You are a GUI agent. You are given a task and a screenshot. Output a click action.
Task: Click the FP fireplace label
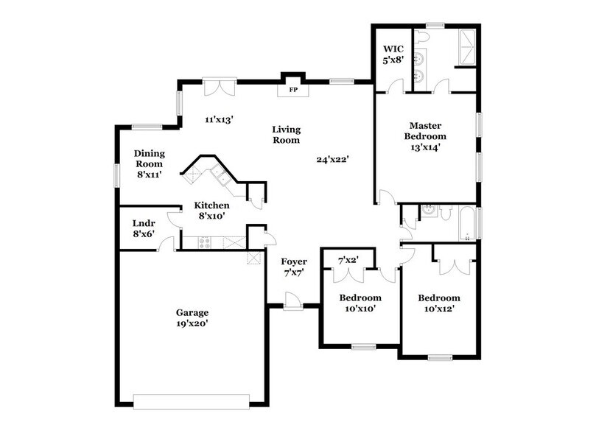[292, 90]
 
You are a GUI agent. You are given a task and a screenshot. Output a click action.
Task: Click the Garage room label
[192, 311]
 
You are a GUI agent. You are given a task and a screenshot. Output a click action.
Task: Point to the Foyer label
[294, 261]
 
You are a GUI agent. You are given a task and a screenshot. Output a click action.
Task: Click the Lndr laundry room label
[143, 222]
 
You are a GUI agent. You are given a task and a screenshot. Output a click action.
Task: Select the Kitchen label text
[211, 205]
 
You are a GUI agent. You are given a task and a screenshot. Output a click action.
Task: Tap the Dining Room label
[149, 158]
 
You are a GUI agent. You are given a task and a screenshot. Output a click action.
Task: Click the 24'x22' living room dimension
[332, 159]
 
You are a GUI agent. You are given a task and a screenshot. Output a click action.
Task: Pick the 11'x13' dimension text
[219, 119]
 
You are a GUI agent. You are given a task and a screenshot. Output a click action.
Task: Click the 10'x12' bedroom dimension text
[438, 309]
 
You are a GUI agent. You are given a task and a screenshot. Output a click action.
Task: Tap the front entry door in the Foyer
[293, 301]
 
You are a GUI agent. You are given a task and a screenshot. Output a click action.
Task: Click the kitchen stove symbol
[205, 242]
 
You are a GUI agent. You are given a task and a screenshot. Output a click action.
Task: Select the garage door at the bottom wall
[191, 401]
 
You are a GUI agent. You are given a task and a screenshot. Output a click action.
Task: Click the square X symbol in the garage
[255, 258]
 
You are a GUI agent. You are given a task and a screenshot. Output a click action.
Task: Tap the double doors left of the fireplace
[219, 87]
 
